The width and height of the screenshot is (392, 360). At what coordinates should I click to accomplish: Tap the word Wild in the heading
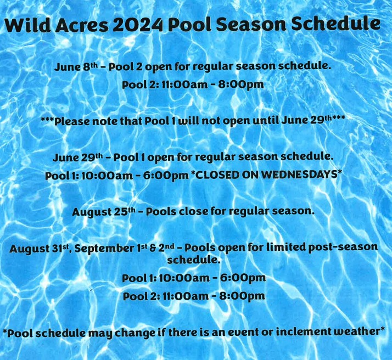tap(27, 25)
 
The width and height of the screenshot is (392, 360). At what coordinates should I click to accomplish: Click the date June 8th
tap(76, 67)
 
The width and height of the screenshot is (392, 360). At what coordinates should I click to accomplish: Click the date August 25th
tap(104, 212)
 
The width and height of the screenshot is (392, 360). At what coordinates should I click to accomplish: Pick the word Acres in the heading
tap(82, 25)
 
